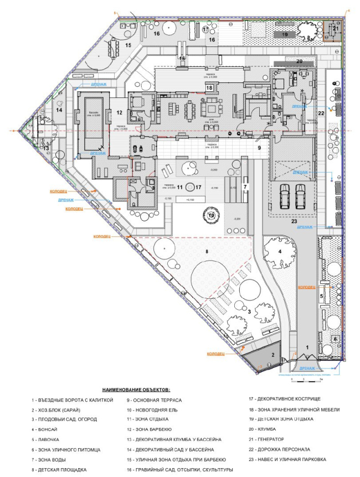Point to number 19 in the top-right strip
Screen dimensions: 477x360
(x=284, y=34)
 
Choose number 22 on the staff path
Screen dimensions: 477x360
(x=320, y=113)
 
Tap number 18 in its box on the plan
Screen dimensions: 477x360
(x=209, y=87)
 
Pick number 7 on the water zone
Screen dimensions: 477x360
(x=245, y=172)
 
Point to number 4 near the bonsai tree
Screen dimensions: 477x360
(x=280, y=252)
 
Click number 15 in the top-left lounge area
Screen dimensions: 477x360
(x=128, y=45)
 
